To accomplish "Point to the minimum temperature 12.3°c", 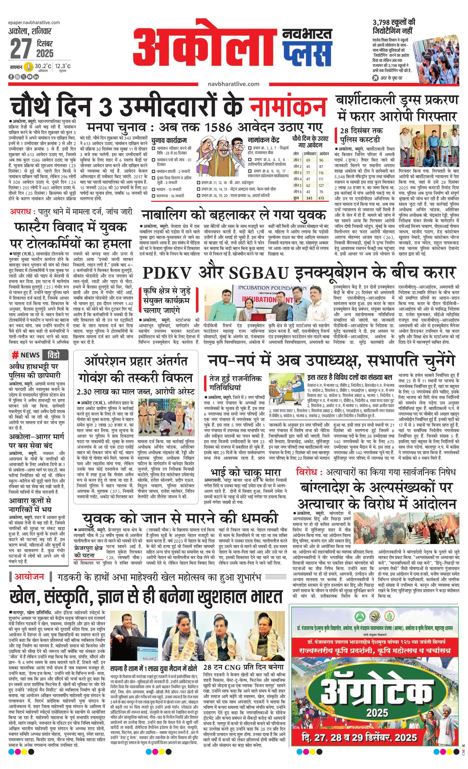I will (63, 66).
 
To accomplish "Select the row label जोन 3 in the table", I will (297, 173).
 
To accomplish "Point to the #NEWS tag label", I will (26, 355).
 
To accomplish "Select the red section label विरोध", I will (307, 472).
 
